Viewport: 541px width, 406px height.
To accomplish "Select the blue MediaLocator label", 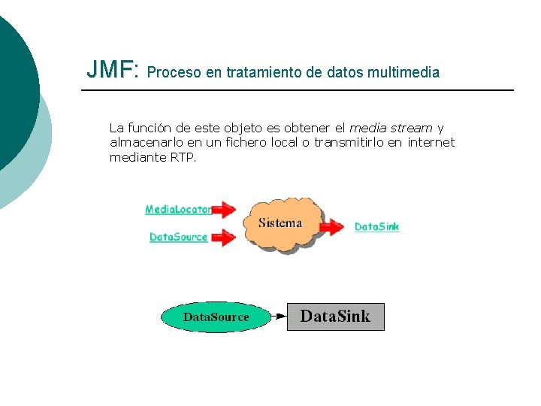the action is tap(178, 210).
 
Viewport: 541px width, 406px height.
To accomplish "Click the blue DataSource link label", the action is tap(178, 238).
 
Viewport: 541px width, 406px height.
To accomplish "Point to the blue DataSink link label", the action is tap(376, 226).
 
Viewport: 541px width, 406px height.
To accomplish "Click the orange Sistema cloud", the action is tap(280, 223).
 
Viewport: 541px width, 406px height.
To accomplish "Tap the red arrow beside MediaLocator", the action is tap(223, 210).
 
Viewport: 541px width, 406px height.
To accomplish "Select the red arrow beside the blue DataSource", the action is tap(223, 238).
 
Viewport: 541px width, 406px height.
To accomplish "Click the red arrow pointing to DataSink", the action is tap(331, 226).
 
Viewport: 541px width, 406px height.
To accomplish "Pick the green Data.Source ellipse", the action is tap(216, 317).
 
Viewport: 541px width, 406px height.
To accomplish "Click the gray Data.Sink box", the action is tap(335, 317).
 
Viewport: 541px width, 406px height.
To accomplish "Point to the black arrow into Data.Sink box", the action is tap(277, 317).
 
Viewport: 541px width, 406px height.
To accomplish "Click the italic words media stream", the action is tap(391, 128).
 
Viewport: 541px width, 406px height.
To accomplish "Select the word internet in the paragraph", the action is tap(431, 143).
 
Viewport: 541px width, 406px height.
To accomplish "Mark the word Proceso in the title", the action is tap(175, 73).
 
